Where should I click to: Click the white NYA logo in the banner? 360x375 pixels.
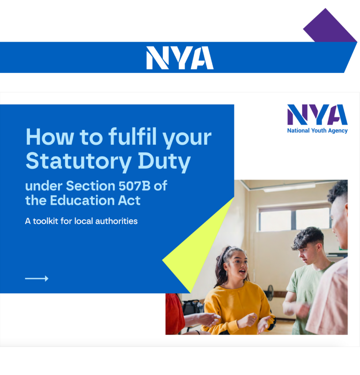point(180,58)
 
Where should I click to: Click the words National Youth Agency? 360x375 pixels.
point(317,131)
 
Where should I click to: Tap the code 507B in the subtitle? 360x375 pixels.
point(133,186)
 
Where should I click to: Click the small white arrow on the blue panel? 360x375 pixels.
point(37,279)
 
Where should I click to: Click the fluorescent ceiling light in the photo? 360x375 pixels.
point(289,187)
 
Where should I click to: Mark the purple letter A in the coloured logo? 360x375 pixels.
point(337,115)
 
